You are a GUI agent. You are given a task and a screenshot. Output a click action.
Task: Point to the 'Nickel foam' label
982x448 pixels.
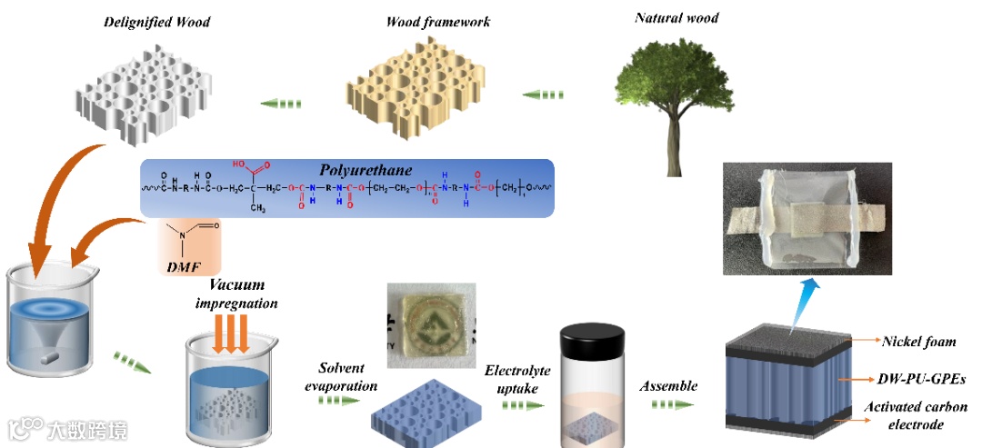[x=919, y=342]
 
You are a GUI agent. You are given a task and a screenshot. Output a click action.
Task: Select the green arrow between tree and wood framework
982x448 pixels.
[x=545, y=95]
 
